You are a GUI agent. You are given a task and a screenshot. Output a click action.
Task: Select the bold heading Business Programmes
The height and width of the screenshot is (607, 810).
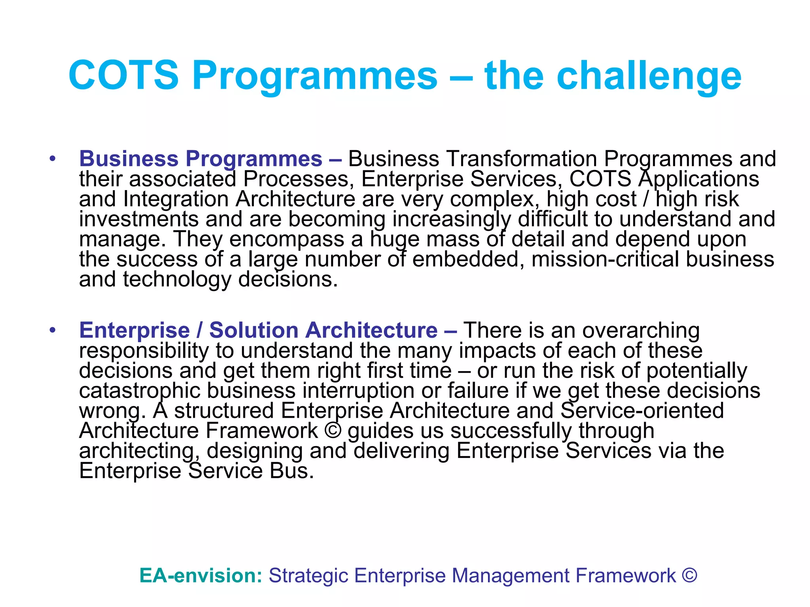(201, 159)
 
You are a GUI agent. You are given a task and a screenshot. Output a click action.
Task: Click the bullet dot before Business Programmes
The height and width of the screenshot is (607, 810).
(52, 159)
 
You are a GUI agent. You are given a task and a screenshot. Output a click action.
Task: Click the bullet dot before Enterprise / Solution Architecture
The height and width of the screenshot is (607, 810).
(52, 330)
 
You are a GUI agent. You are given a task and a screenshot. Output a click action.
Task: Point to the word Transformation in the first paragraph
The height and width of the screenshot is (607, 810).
(521, 159)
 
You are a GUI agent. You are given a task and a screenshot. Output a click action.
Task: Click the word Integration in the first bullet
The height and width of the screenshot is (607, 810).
(176, 199)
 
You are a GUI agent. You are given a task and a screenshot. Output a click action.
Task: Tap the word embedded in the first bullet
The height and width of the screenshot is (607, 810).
(466, 259)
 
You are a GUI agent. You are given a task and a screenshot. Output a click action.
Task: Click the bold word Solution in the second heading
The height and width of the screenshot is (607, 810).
(254, 330)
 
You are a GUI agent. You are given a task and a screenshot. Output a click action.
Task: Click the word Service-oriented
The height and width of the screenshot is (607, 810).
(642, 411)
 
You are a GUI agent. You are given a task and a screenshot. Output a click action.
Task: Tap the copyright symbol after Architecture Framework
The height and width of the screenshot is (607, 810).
(332, 430)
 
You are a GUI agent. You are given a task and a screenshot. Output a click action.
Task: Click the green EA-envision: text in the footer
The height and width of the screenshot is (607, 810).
(201, 575)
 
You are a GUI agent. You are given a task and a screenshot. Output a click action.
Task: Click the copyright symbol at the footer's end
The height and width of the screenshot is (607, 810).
(689, 575)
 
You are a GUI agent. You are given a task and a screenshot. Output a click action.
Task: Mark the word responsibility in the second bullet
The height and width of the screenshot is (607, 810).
(144, 351)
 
